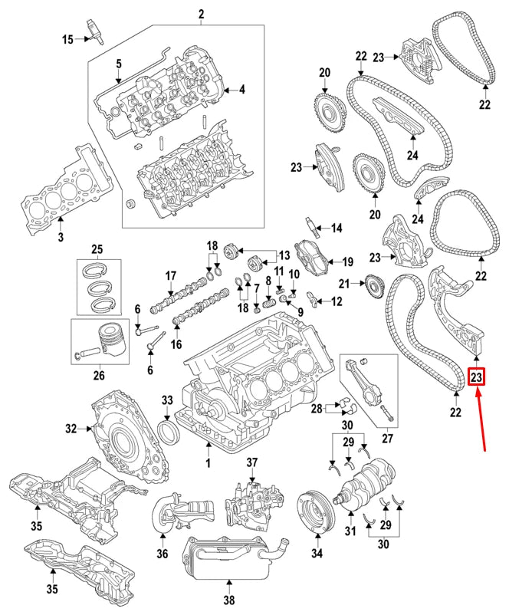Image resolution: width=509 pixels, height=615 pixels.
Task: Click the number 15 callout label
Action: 68,39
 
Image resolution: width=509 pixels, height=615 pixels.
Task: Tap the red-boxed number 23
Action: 476,377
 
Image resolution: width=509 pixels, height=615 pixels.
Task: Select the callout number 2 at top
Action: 202,14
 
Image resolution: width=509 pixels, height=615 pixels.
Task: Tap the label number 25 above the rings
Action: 97,249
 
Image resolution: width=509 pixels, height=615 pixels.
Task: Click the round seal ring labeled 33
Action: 169,430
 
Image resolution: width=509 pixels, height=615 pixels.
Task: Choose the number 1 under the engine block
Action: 207,465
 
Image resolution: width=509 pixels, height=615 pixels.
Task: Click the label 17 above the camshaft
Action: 171,275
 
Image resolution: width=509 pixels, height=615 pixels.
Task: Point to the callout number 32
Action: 71,429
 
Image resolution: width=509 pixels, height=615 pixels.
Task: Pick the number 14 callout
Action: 337,228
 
